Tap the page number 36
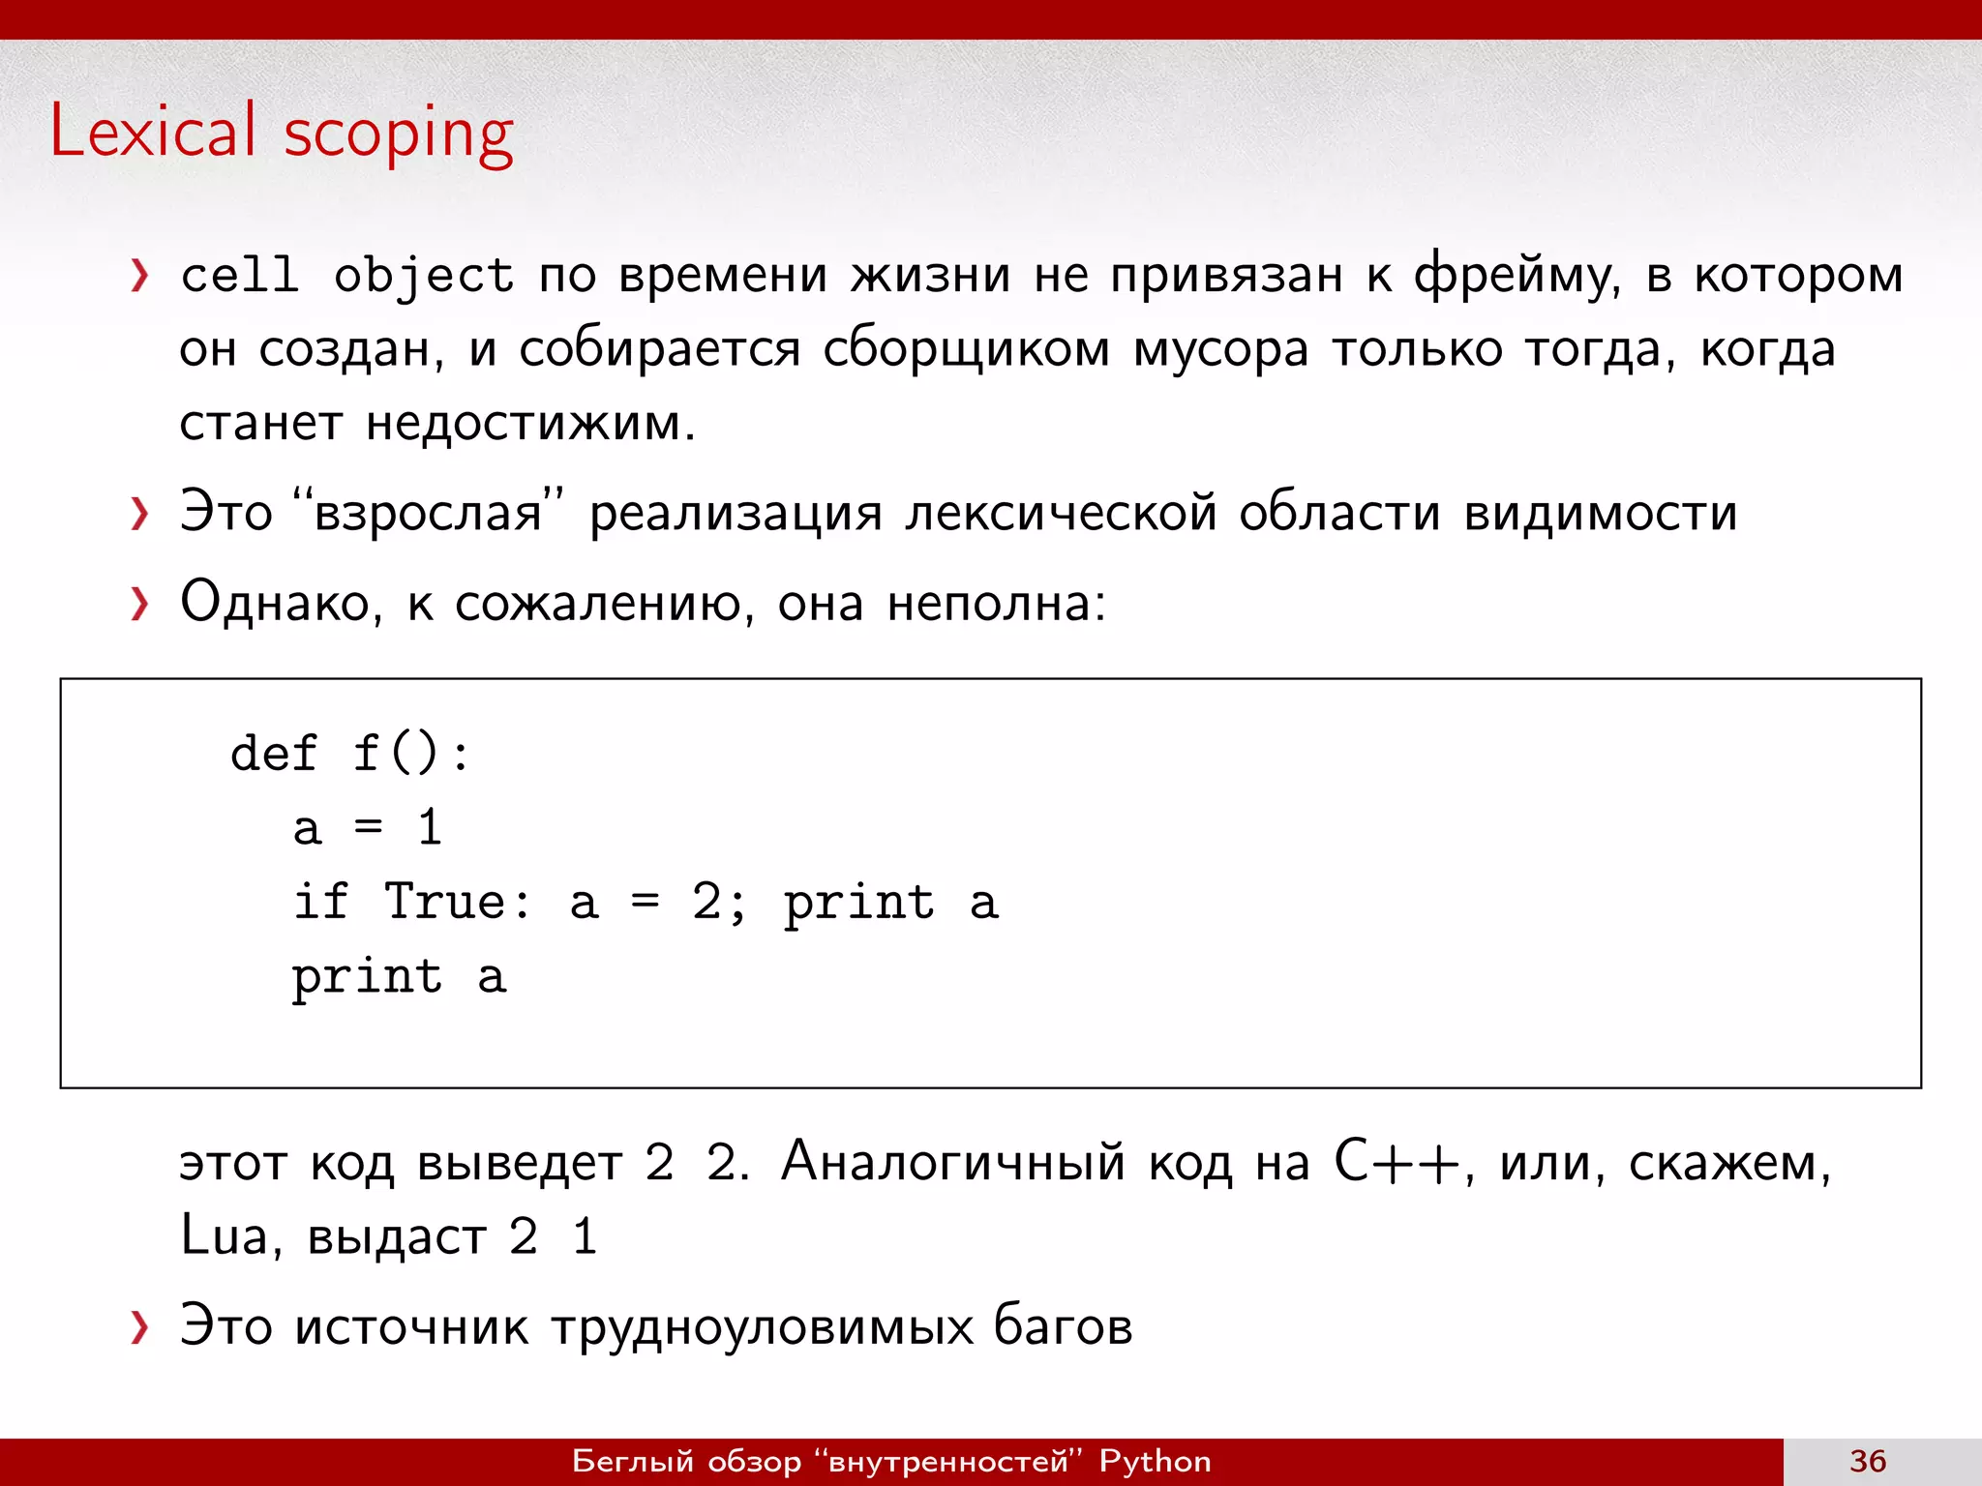pos(1868,1461)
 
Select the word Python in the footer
pos(1155,1461)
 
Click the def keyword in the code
pos(274,753)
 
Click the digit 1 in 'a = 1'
pos(430,828)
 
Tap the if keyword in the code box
pos(320,902)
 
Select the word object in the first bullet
pos(423,277)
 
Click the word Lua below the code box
pos(223,1235)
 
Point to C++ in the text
pos(1396,1161)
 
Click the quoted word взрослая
pos(428,513)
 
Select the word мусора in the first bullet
pos(1220,349)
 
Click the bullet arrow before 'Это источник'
pos(139,1327)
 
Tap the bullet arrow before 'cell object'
pos(139,276)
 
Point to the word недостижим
pos(529,423)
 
